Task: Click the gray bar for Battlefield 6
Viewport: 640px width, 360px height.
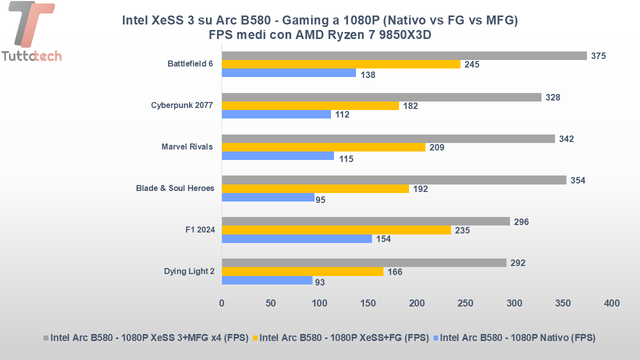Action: [x=404, y=55]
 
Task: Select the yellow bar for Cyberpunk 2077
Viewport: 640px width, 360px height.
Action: [x=310, y=106]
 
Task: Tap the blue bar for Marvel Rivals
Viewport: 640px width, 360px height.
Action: [x=277, y=156]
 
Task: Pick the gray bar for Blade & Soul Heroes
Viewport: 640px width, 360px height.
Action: [x=394, y=180]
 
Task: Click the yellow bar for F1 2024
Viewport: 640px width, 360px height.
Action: [x=336, y=230]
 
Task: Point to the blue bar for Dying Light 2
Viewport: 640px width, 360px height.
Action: [x=267, y=280]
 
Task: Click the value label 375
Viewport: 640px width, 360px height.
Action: [x=598, y=56]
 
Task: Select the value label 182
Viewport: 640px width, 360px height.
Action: [x=410, y=106]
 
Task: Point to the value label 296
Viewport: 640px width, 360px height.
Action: [x=521, y=222]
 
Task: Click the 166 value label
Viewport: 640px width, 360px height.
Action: [x=394, y=272]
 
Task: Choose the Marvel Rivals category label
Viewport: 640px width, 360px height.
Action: [x=187, y=147]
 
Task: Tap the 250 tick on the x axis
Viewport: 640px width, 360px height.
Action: [x=465, y=303]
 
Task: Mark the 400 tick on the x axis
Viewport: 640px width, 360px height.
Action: [x=611, y=303]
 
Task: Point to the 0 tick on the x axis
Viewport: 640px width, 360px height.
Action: [x=221, y=303]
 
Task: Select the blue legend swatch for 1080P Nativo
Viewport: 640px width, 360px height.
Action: [x=435, y=338]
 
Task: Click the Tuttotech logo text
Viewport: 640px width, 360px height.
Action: [x=31, y=55]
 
